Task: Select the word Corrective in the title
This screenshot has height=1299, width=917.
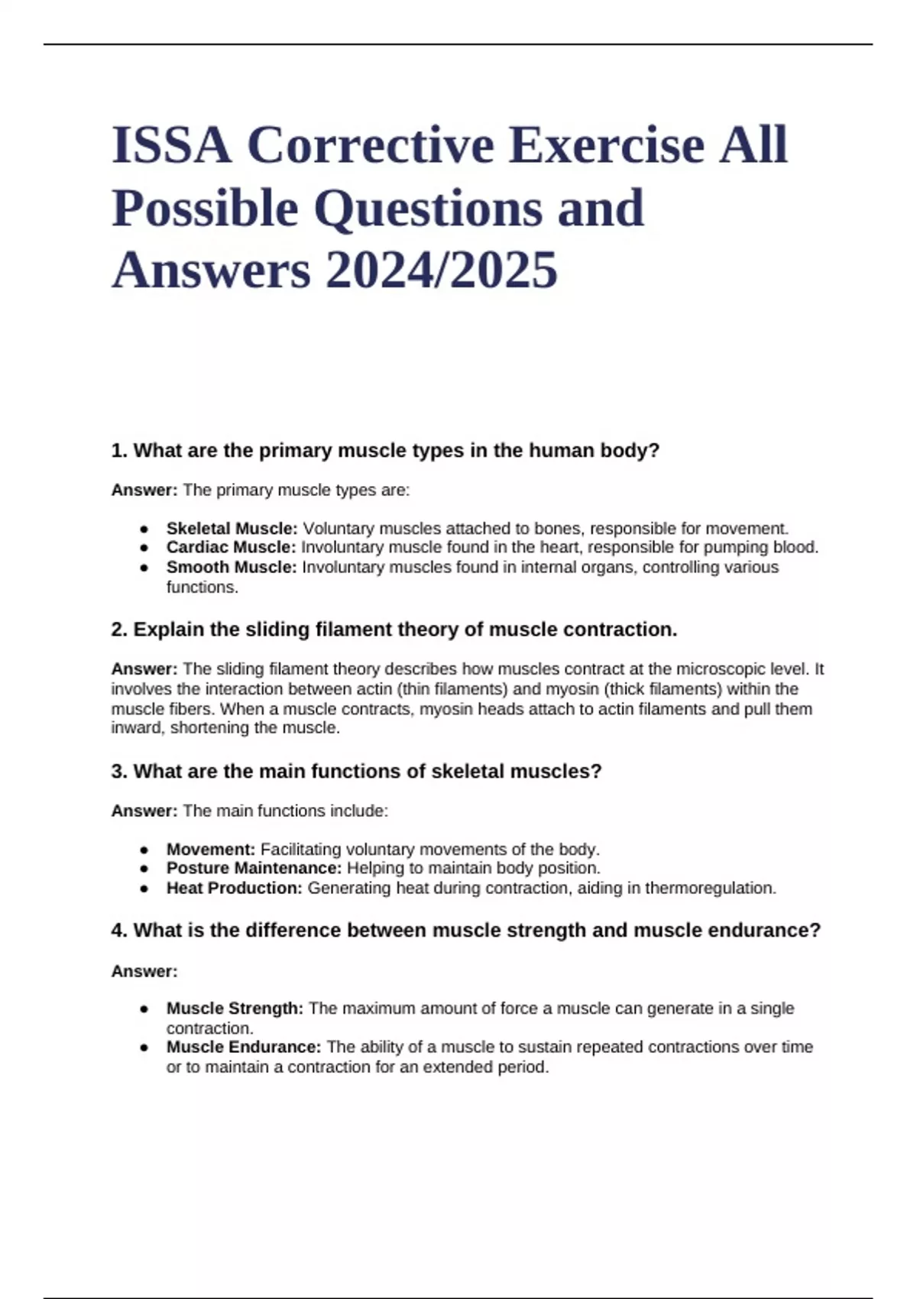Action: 370,145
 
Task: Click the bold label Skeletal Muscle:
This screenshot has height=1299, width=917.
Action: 232,529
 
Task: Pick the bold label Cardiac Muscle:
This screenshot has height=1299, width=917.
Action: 231,547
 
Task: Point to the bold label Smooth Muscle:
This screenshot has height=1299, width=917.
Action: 231,567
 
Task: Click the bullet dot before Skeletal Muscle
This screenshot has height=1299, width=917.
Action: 144,529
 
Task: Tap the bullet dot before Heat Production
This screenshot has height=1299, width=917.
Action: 144,889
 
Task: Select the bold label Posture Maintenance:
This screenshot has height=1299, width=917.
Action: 254,868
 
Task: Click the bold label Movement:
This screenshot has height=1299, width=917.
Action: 211,850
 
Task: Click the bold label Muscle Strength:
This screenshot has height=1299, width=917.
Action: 235,1009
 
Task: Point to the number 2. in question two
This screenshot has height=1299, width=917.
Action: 119,630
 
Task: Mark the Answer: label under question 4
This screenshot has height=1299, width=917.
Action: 144,971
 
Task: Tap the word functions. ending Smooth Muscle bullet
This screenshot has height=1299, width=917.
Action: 203,588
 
